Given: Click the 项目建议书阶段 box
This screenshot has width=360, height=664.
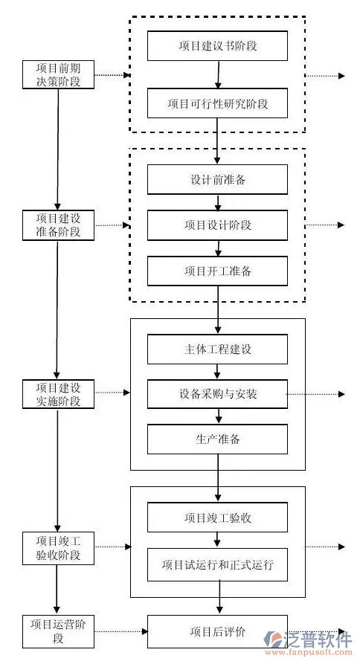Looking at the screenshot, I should [217, 46].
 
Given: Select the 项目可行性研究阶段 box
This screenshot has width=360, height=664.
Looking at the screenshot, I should [217, 103].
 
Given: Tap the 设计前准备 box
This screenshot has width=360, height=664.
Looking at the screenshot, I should [217, 180].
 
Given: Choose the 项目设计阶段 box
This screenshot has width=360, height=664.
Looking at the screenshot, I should [217, 225].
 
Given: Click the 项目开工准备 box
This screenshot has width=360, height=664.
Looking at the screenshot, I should [217, 271].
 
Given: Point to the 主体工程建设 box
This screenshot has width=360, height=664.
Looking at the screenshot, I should [217, 349].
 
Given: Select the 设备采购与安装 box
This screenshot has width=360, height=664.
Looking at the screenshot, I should [217, 394].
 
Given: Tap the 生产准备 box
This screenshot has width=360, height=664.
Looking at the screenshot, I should [217, 439].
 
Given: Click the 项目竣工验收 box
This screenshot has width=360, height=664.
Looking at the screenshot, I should [217, 518].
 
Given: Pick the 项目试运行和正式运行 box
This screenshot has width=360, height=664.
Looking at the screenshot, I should [217, 564].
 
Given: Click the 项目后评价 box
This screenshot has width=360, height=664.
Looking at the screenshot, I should [217, 632].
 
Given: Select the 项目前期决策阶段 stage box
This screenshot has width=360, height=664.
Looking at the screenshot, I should [58, 74].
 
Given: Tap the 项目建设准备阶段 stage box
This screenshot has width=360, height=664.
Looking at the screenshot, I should [58, 225].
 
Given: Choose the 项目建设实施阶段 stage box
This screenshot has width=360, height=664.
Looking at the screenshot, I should [58, 394].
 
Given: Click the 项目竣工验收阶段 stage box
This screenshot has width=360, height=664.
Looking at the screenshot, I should [58, 548].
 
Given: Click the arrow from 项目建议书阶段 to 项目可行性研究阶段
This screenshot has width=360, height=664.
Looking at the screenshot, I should [218, 74].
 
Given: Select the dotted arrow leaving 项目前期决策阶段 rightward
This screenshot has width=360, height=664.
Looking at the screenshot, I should [112, 75].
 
